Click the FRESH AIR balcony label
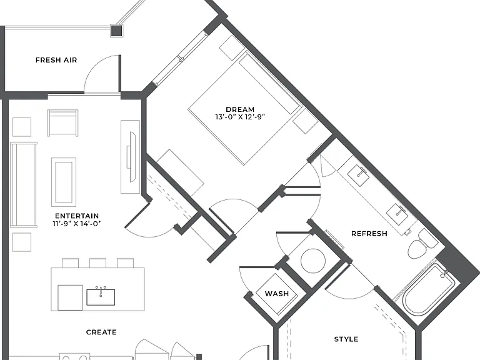56,60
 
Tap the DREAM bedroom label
240,109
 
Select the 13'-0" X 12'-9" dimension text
240,117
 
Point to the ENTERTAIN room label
77,216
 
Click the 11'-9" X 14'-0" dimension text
77,224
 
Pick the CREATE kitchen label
101,332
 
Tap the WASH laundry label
277,294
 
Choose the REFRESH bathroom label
369,234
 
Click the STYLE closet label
346,339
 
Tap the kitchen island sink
101,297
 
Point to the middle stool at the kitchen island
97,263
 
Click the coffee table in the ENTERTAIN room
64,182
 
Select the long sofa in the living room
24,185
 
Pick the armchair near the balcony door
62,123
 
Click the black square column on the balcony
116,31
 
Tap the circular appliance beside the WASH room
313,261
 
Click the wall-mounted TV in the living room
132,157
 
